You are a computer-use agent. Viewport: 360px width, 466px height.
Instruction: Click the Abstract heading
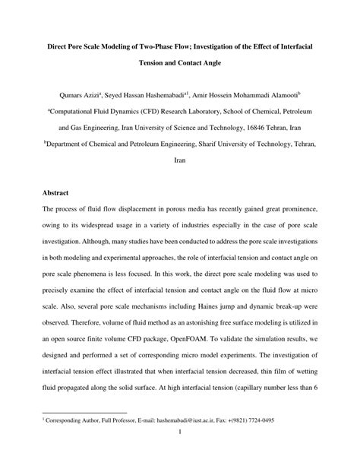click(x=58, y=193)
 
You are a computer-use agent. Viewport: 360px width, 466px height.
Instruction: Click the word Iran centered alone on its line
click(x=180, y=161)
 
